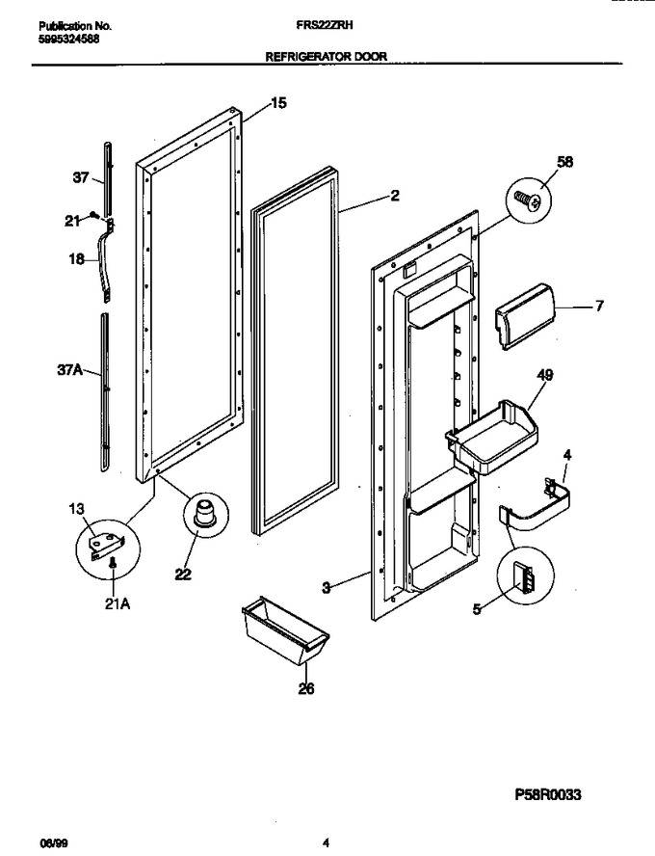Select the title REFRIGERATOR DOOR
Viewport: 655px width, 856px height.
click(x=327, y=56)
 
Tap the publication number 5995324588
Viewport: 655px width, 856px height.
click(x=69, y=40)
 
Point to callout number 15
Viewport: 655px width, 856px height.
click(x=278, y=102)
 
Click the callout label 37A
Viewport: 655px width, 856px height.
click(x=69, y=370)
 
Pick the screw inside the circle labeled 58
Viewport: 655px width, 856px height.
click(x=529, y=200)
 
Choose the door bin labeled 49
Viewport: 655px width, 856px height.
click(x=491, y=437)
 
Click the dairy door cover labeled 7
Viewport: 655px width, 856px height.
click(x=524, y=316)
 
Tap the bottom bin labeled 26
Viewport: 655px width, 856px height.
click(x=284, y=631)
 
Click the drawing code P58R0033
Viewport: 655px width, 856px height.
click(x=547, y=793)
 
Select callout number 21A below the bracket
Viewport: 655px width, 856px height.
click(x=118, y=604)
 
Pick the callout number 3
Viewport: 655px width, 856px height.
click(x=327, y=588)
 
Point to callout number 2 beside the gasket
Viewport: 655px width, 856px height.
click(x=395, y=195)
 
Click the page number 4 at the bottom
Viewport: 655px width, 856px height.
click(x=326, y=843)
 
